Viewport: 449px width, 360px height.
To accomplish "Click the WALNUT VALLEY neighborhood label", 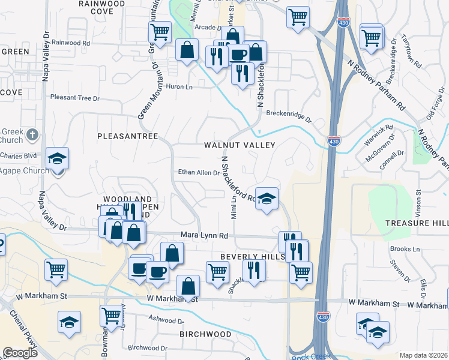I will pyautogui.click(x=239, y=145).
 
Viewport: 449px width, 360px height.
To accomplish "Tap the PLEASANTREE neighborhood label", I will pyautogui.click(x=128, y=136).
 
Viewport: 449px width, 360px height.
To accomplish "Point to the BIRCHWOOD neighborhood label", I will pyautogui.click(x=205, y=334).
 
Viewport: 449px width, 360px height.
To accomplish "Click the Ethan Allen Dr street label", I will pyautogui.click(x=199, y=173).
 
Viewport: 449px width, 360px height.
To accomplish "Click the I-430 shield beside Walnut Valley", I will pyautogui.click(x=334, y=141).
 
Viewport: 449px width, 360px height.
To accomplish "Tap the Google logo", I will pyautogui.click(x=20, y=353).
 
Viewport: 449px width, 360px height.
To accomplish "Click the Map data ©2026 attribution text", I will pyautogui.click(x=423, y=355).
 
